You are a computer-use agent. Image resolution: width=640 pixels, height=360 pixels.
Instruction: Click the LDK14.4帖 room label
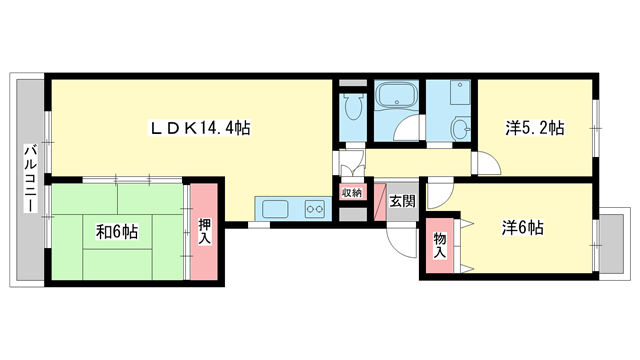[200, 128]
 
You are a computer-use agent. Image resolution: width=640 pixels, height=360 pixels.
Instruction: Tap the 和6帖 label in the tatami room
[117, 232]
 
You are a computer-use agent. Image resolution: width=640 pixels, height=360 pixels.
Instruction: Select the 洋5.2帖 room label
[535, 128]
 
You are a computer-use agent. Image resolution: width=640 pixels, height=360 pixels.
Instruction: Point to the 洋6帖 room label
[522, 228]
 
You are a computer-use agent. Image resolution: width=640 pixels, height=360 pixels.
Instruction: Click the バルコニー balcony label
[31, 178]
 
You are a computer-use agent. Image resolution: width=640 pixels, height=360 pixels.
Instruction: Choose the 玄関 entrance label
[402, 201]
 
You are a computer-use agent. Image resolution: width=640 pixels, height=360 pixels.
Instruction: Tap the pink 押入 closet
[204, 231]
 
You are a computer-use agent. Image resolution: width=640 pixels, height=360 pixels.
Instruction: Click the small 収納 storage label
[352, 193]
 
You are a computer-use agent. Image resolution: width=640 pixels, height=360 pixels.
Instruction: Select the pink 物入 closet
[440, 246]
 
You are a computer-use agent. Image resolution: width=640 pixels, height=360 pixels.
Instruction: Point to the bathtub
[396, 96]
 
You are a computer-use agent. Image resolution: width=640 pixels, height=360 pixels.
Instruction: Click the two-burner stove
[315, 209]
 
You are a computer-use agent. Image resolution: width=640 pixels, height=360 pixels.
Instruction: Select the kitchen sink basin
[275, 209]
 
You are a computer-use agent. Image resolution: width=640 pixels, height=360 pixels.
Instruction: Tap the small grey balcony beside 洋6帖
[611, 244]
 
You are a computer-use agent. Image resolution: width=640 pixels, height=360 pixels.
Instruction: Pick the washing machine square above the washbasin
[460, 92]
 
